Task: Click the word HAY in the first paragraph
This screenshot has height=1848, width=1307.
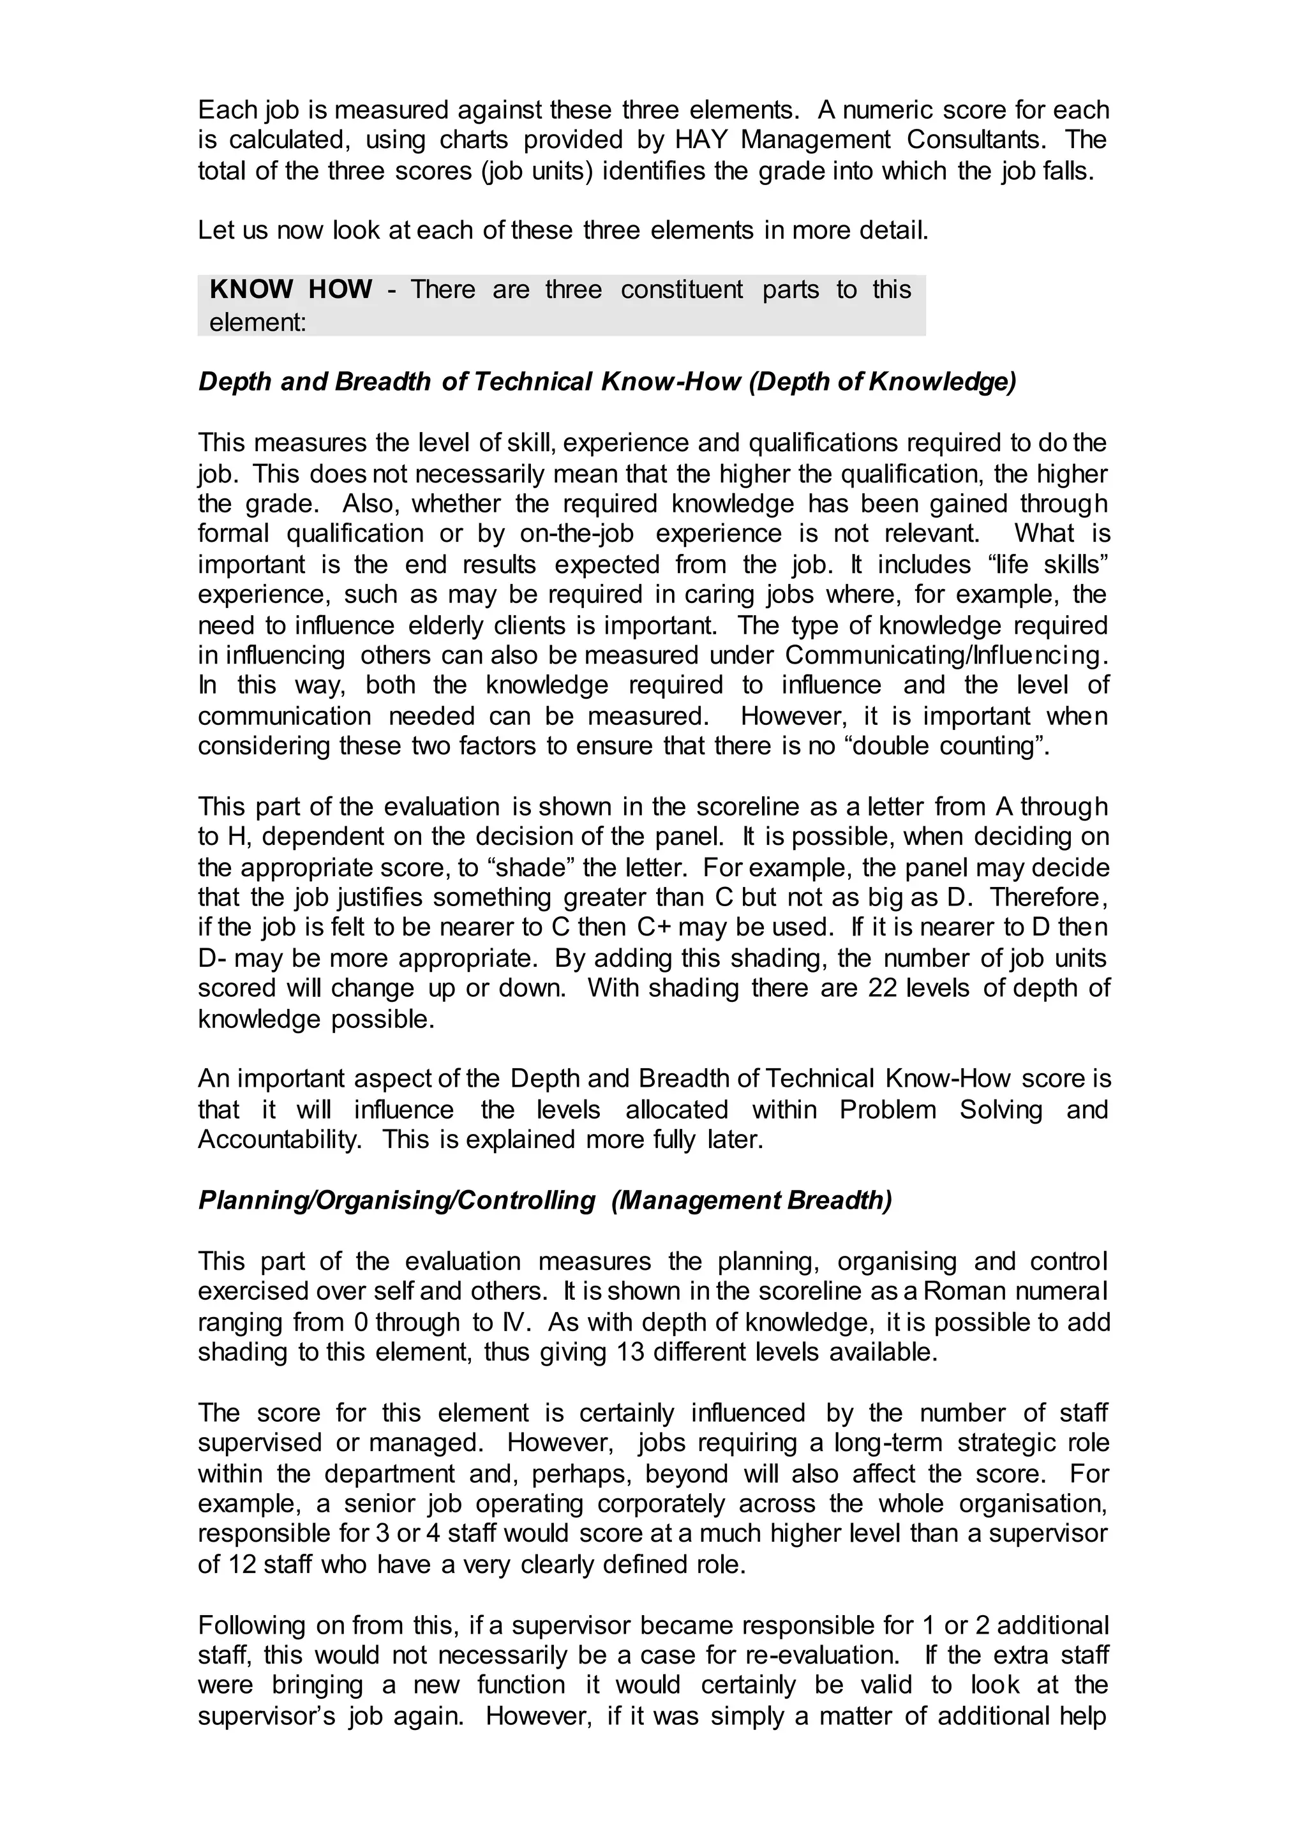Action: pos(703,140)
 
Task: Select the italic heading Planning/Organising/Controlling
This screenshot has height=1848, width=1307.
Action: pos(396,1200)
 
